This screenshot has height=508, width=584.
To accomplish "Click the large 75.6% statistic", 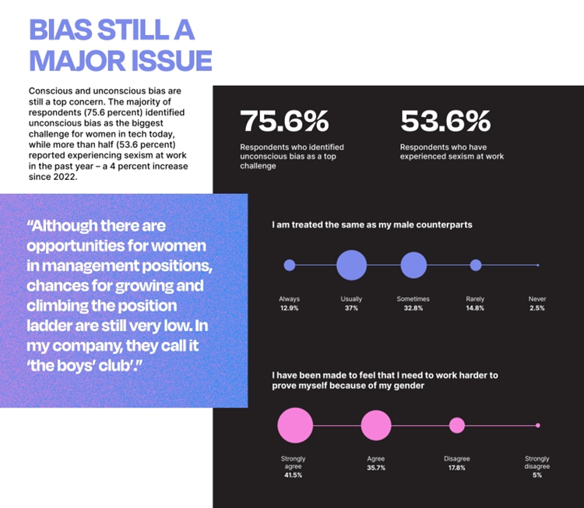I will (283, 122).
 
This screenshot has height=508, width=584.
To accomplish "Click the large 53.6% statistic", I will (445, 122).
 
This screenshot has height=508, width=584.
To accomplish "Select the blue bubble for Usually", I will (351, 265).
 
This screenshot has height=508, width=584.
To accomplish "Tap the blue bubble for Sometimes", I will (413, 265).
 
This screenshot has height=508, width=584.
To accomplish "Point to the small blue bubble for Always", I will (290, 265).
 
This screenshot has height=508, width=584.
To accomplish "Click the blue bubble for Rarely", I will (476, 265).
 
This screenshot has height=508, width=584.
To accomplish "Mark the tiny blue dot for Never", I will (537, 265).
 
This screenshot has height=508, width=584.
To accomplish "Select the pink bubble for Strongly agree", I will (294, 425).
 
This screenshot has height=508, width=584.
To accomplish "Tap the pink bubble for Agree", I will (376, 425).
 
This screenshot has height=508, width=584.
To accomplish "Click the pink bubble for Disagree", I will (457, 425).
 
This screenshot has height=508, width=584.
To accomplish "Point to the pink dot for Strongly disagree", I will (537, 425).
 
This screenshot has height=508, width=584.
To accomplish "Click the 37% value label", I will (351, 309).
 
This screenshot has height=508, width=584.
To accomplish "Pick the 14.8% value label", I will (475, 309).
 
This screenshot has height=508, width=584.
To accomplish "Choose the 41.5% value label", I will (293, 474).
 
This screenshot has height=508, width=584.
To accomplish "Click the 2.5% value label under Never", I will (537, 309).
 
